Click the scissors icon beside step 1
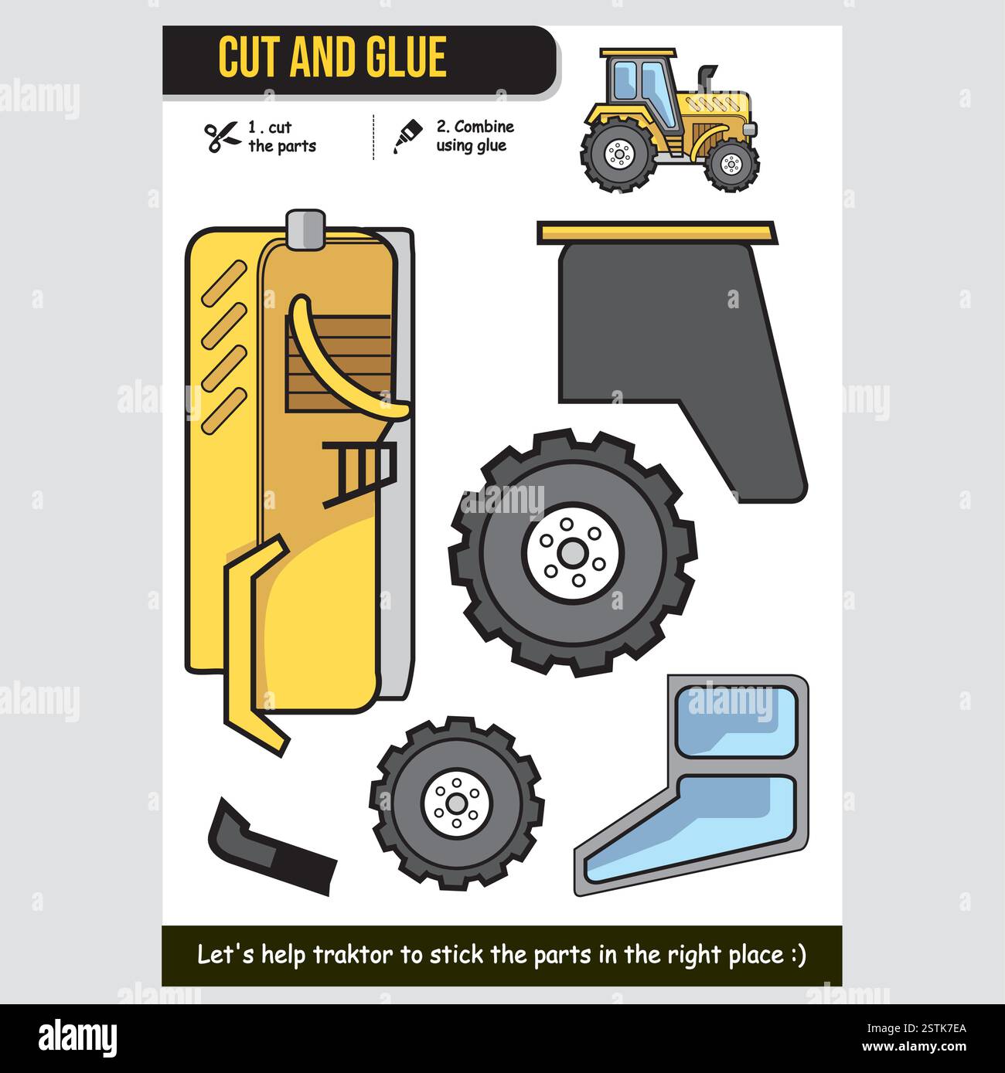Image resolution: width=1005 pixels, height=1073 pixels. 223,138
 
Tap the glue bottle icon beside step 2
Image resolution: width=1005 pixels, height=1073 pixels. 407,136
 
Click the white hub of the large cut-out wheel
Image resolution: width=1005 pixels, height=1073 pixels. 572,552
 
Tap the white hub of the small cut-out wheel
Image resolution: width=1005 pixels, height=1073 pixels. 457,803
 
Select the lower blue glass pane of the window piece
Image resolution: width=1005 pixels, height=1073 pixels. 696,830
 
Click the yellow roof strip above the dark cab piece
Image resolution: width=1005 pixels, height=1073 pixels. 656,232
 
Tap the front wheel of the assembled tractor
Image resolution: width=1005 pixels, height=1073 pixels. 731,164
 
